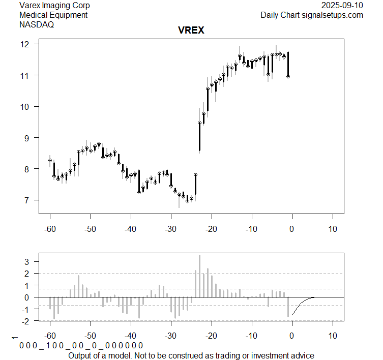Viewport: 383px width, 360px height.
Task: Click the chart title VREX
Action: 191,31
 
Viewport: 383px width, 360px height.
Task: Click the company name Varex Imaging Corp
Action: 54,6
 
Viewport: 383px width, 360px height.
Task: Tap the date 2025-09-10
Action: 343,6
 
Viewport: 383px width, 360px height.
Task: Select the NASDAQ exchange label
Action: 36,24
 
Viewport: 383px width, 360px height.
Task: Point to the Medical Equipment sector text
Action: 53,15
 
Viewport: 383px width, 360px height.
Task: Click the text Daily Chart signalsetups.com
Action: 312,15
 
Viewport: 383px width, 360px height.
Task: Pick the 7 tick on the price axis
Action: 31,200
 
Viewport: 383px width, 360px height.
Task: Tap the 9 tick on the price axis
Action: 31,137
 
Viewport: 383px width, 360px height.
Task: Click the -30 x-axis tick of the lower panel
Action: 171,336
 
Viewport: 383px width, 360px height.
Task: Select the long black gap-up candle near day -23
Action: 199,136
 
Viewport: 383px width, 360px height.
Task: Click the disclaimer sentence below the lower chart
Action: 191,355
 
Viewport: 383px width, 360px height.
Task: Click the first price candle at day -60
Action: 50,160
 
